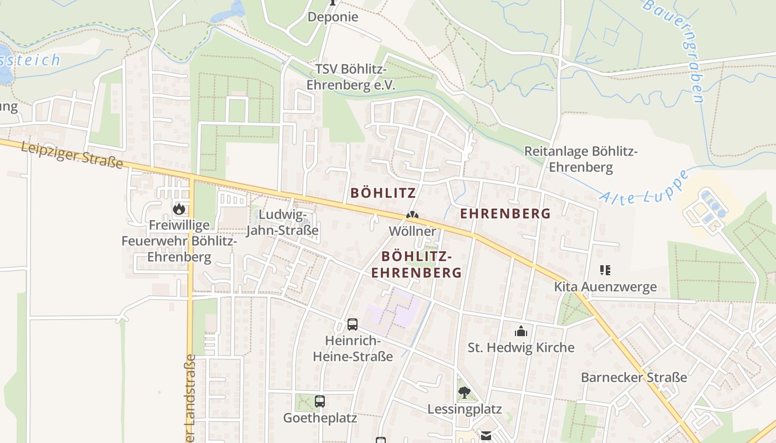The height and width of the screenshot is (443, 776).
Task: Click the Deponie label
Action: tap(333, 17)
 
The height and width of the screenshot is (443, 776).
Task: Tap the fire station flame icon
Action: tap(178, 209)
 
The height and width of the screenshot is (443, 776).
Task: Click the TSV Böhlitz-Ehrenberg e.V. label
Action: tap(351, 77)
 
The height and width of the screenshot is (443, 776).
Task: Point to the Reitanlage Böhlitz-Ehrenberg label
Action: tap(581, 159)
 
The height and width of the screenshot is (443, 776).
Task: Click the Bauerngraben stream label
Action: tap(675, 50)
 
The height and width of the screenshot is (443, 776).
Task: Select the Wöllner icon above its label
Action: tap(412, 215)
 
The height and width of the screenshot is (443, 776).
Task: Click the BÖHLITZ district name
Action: tap(383, 193)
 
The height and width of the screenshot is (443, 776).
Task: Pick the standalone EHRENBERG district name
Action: tap(506, 213)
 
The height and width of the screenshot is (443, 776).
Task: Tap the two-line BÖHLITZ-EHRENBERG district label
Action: tap(416, 264)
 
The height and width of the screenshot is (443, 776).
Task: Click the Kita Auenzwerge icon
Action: tap(605, 270)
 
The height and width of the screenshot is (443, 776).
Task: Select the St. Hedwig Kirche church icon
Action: tap(520, 331)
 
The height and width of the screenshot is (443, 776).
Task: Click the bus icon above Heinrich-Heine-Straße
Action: tap(353, 324)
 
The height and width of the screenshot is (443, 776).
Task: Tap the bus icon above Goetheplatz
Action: tap(320, 401)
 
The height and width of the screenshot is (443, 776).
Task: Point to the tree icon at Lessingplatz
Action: tap(464, 393)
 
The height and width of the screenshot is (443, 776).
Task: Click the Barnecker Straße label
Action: tap(634, 377)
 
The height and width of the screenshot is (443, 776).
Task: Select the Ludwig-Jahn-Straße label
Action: tap(282, 222)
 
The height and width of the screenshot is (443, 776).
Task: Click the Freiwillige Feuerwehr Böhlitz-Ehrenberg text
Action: tap(179, 241)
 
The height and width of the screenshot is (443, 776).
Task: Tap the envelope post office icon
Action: tap(486, 436)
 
